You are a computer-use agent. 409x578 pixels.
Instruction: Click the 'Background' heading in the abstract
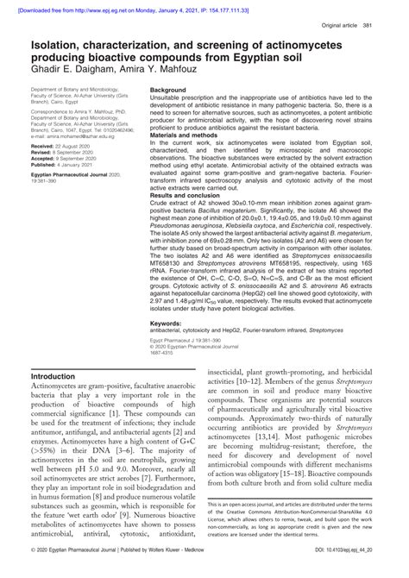(171, 90)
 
